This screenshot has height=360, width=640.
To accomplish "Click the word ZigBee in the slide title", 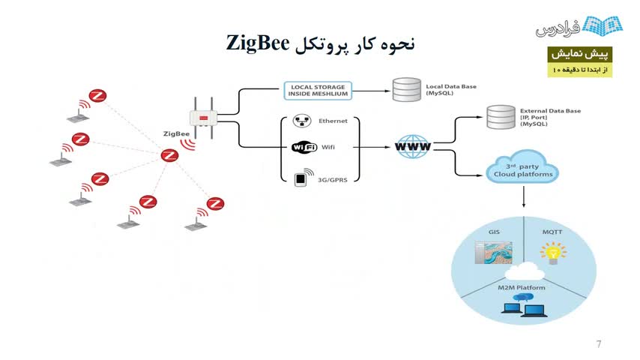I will pyautogui.click(x=258, y=43).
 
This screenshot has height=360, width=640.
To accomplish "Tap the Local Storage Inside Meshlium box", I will pyautogui.click(x=318, y=91).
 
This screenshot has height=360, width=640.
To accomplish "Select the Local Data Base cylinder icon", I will pyautogui.click(x=406, y=91).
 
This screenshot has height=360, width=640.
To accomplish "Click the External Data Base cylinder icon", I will pyautogui.click(x=501, y=116).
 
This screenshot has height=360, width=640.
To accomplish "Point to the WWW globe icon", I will pyautogui.click(x=413, y=147).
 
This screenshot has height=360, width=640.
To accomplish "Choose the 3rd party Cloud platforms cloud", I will pyautogui.click(x=522, y=169).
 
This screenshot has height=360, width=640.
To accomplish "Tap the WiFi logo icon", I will pyautogui.click(x=304, y=147).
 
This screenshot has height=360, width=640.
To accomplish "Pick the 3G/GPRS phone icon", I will pyautogui.click(x=301, y=179).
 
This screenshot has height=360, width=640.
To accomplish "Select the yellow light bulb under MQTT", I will pyautogui.click(x=554, y=253).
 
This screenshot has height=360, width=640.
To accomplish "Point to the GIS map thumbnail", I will pyautogui.click(x=492, y=253).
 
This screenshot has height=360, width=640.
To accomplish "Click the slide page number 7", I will pyautogui.click(x=599, y=344).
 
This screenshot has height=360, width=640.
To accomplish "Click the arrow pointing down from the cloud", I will pyautogui.click(x=522, y=198).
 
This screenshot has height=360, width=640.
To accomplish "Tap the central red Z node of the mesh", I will pyautogui.click(x=169, y=155).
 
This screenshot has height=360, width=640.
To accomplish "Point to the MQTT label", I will pyautogui.click(x=552, y=232).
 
